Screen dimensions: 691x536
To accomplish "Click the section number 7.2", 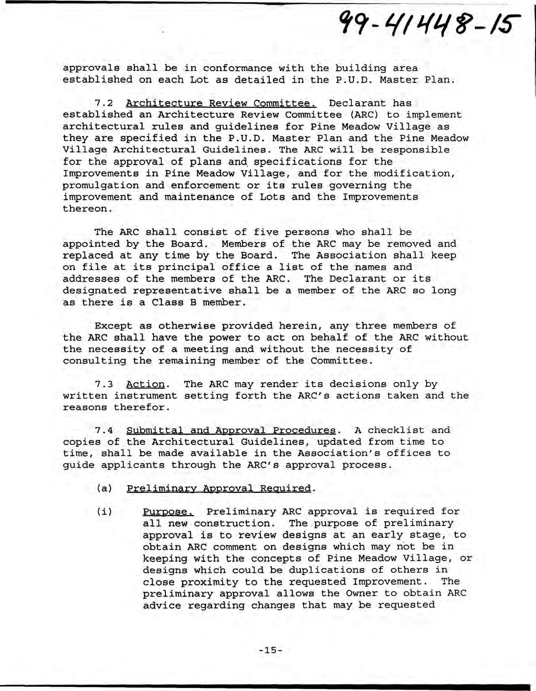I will (x=105, y=103).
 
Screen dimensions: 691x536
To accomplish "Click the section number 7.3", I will (x=105, y=384).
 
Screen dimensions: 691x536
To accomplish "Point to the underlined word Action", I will (x=145, y=384).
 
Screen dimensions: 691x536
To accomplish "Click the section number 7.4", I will (x=105, y=430).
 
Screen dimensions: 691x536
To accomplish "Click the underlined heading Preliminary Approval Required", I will (x=219, y=489).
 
